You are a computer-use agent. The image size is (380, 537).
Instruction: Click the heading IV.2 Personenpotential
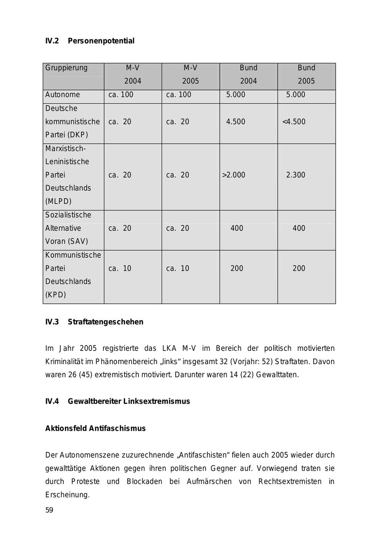[x=90, y=41]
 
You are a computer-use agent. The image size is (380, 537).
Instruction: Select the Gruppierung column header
[x=66, y=68]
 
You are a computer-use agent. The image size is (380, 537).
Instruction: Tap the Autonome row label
[x=62, y=94]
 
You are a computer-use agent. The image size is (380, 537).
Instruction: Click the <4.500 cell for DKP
[x=294, y=122]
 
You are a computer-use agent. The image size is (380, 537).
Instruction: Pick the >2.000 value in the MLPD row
[x=233, y=175]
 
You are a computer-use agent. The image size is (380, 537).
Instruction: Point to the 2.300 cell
[x=296, y=175]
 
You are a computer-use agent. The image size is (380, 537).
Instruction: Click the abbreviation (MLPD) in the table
[x=58, y=201]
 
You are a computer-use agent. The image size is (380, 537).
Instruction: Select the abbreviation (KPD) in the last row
[x=56, y=295]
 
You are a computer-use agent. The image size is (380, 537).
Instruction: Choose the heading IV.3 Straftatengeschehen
[x=94, y=322]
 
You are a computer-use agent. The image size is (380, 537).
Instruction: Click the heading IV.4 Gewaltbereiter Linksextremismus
[x=117, y=401]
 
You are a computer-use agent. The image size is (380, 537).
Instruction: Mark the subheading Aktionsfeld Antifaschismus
[x=95, y=429]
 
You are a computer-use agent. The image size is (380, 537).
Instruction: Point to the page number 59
[x=49, y=510]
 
